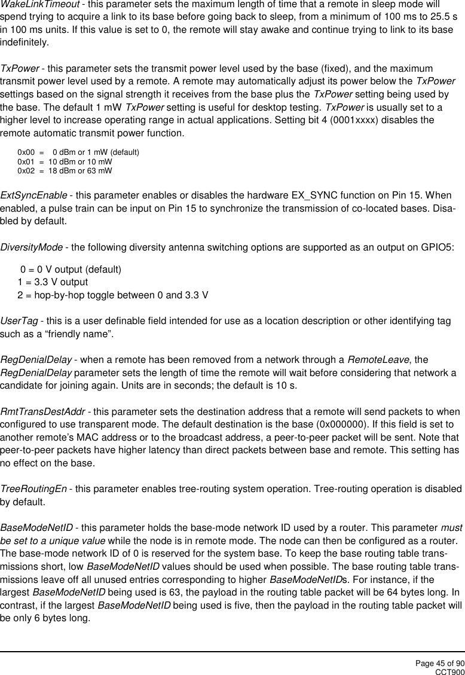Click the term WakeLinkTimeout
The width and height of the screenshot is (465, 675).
click(x=36, y=5)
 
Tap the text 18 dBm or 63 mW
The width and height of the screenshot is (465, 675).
click(x=80, y=171)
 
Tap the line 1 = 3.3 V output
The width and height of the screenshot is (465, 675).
click(x=53, y=282)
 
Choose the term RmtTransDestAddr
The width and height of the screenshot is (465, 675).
click(x=42, y=413)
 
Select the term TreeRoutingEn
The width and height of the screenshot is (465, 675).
click(x=33, y=489)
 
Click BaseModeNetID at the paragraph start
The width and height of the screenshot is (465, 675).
click(x=37, y=528)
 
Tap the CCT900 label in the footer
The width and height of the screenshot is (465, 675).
click(x=449, y=671)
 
